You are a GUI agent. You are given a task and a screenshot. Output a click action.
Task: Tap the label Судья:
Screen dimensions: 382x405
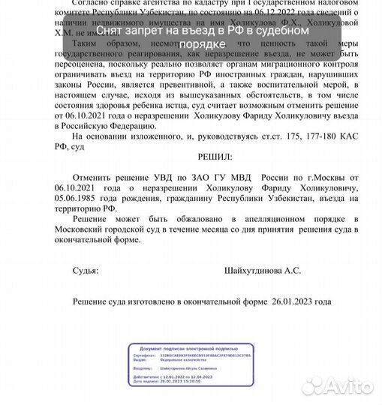[85, 270]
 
